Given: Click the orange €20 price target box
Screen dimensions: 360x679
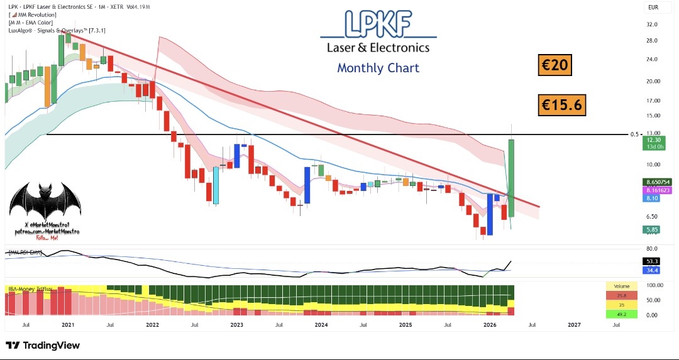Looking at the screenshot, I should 555,65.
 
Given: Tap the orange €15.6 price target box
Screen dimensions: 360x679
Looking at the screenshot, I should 562,105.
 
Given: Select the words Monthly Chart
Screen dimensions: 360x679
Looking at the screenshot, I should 378,68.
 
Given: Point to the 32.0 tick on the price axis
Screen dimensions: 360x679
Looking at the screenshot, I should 651,25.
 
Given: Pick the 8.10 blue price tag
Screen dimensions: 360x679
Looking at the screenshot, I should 651,198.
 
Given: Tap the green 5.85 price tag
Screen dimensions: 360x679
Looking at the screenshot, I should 651,230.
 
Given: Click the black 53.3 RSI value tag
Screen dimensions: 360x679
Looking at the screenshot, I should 651,261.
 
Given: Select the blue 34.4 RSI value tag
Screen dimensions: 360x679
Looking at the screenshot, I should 651,270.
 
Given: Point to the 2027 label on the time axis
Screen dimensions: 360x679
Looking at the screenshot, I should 573,325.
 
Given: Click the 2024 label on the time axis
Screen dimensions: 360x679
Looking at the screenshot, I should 321,325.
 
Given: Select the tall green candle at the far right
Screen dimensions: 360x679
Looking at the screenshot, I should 512,178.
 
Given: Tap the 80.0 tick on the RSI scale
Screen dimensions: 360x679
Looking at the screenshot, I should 651,249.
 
